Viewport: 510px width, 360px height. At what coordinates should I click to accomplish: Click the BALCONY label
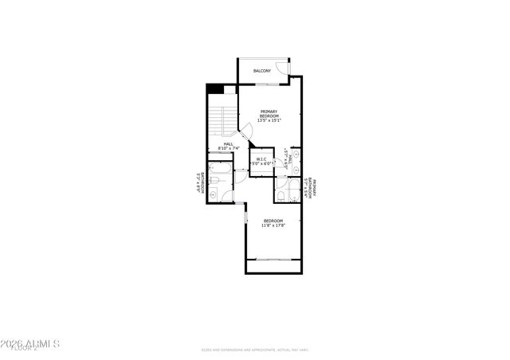262,72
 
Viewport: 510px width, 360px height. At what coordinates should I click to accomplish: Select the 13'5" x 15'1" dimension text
269,119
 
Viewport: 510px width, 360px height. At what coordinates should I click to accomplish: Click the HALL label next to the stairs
228,144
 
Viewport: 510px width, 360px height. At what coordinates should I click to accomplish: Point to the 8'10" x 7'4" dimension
228,149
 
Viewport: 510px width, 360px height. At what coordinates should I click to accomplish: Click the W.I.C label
262,158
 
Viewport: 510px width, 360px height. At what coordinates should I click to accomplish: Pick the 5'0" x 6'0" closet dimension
262,163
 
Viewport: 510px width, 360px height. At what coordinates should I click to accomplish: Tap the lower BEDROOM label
273,221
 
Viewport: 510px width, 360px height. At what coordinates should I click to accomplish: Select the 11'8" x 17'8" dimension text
273,225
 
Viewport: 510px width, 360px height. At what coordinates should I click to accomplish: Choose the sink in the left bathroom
214,194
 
